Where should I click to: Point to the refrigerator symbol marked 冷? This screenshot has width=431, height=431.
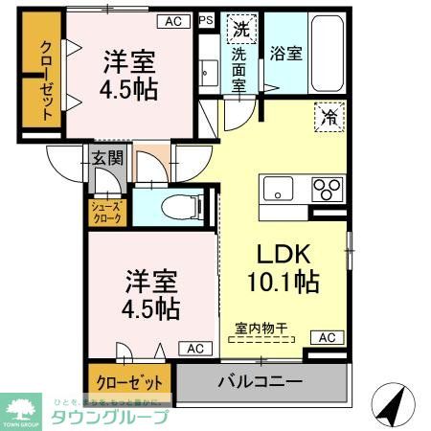tap(328, 120)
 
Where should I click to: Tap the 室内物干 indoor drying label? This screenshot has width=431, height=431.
tap(261, 328)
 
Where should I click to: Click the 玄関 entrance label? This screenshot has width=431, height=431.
tap(107, 158)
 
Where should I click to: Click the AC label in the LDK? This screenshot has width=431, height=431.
tap(327, 337)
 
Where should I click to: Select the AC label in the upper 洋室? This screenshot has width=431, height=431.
tap(172, 20)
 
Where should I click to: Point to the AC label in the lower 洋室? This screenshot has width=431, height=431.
tap(195, 349)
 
